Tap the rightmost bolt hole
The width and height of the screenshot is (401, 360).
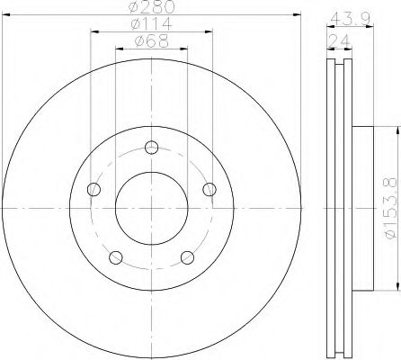tap(209, 189)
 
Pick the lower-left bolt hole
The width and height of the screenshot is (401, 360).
tap(115, 257)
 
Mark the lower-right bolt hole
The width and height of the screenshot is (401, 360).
tap(187, 257)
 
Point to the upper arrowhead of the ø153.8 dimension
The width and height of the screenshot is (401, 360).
tap(393, 132)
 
